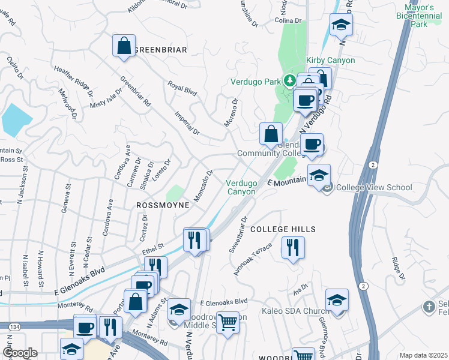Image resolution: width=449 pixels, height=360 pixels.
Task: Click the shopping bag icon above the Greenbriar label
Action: click(124, 46)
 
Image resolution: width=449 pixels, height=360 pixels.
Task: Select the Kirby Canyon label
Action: click(330, 61)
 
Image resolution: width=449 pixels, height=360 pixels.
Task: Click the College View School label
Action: click(374, 187)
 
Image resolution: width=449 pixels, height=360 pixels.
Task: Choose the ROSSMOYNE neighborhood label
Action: click(163, 205)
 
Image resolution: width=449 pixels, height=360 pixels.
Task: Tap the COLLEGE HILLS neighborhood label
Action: click(283, 230)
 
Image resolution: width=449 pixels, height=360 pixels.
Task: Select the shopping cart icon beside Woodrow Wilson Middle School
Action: click(228, 323)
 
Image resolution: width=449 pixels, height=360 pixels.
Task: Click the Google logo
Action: click(19, 353)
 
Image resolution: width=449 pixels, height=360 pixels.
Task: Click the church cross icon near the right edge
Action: click(429, 307)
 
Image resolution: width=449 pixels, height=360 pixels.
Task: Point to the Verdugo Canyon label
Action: click(241, 187)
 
